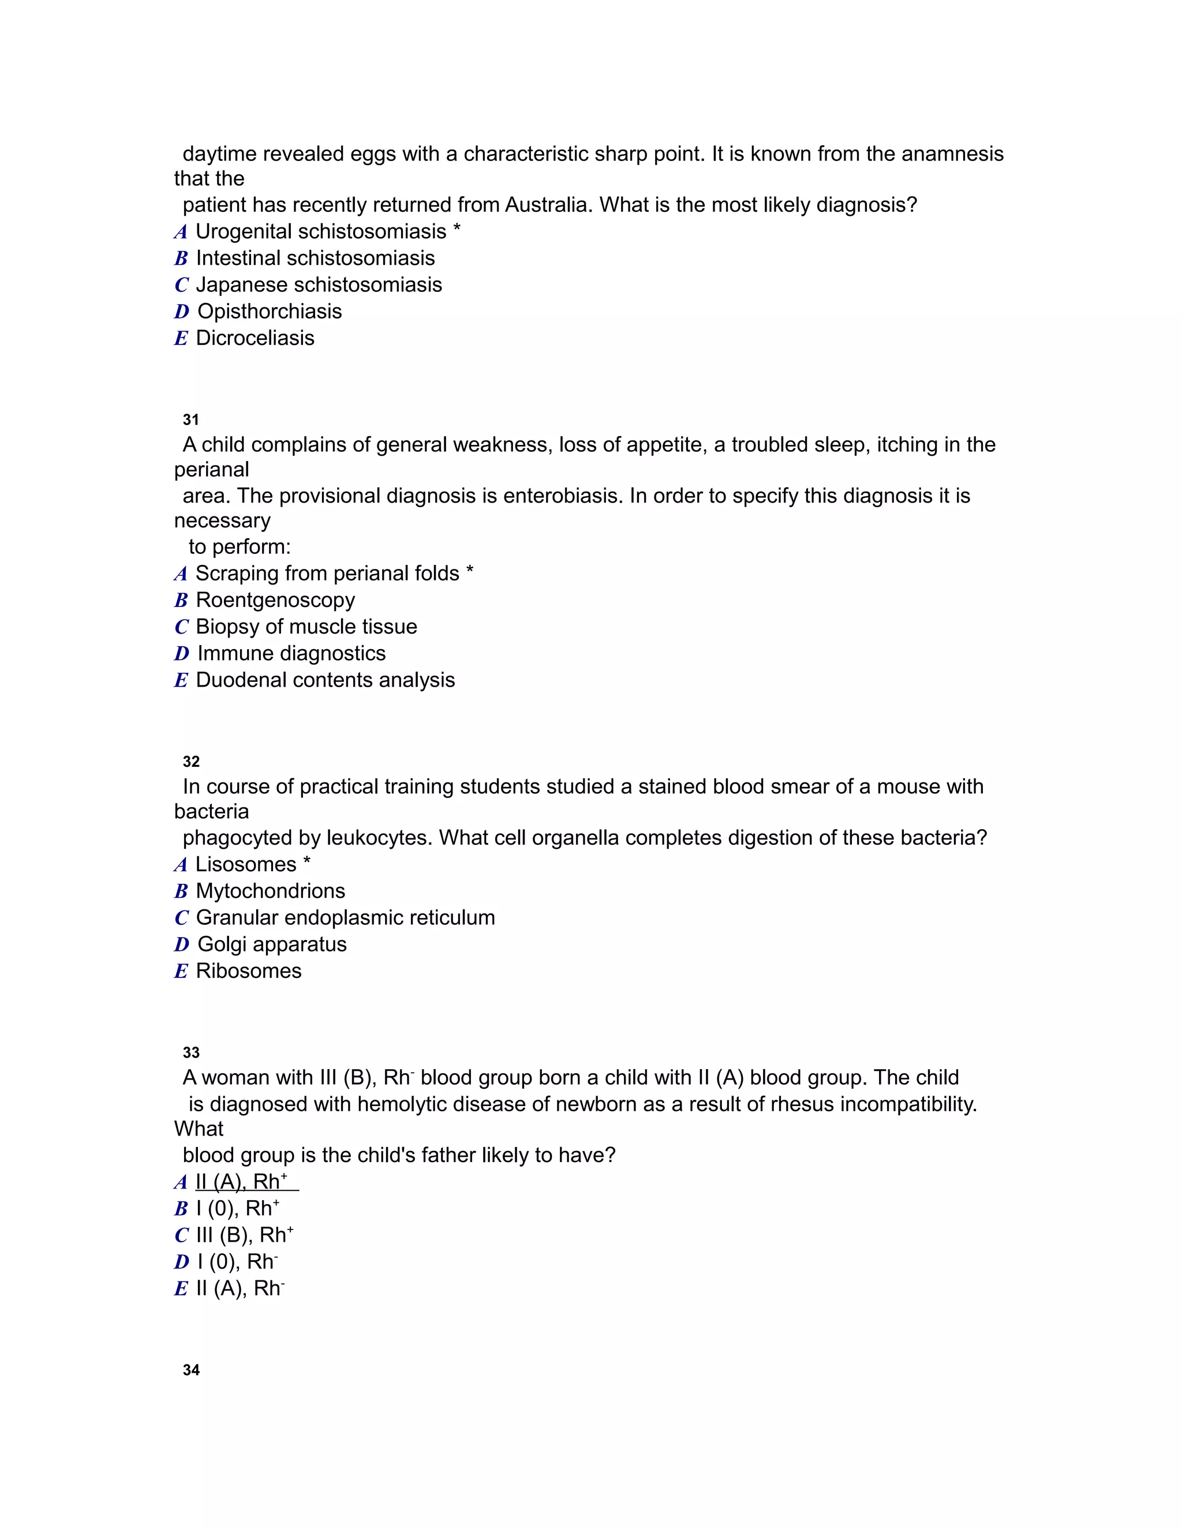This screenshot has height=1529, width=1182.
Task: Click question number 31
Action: [190, 419]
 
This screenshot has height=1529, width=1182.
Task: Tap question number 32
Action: [190, 761]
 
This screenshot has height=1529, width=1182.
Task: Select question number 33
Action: [190, 1052]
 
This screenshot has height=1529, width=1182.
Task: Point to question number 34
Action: [190, 1370]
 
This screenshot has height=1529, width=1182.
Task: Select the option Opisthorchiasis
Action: [269, 312]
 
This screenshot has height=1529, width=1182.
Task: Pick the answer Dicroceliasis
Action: [255, 338]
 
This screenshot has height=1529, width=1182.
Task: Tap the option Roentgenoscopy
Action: [275, 600]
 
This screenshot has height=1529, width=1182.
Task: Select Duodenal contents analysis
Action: [325, 680]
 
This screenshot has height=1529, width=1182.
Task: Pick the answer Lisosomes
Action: [245, 865]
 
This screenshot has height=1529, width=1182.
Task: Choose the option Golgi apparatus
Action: [272, 945]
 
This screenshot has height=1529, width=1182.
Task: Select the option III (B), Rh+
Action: [244, 1236]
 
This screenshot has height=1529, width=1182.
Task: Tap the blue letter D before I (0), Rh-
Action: [181, 1262]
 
